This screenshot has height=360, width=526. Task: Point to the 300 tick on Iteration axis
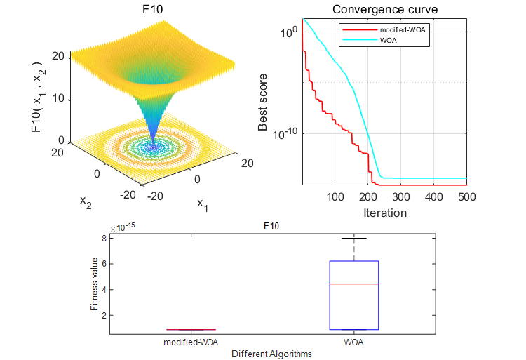[401, 196]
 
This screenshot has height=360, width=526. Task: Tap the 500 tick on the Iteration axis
[466, 196]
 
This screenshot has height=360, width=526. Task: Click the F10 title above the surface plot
[150, 9]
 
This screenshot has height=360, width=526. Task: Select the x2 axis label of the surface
[86, 201]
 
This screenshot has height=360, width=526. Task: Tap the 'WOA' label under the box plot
[354, 342]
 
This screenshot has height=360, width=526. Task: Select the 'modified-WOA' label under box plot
[190, 342]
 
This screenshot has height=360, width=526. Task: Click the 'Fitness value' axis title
[95, 284]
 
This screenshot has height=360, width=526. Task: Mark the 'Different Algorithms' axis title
[272, 354]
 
